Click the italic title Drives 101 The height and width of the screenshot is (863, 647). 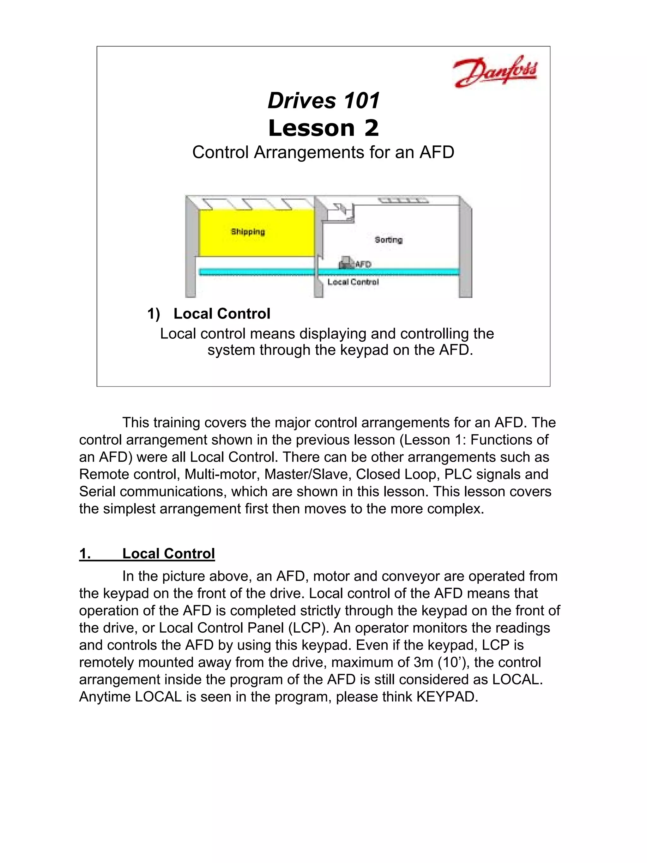(323, 101)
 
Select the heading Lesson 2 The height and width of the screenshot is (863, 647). (323, 128)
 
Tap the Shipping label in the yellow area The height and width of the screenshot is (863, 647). (248, 232)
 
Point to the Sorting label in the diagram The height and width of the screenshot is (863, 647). (388, 240)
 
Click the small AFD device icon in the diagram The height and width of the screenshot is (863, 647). (346, 262)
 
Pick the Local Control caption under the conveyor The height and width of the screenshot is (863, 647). (353, 282)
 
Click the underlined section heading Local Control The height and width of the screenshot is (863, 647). (168, 553)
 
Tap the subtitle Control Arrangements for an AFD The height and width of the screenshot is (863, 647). (323, 152)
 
